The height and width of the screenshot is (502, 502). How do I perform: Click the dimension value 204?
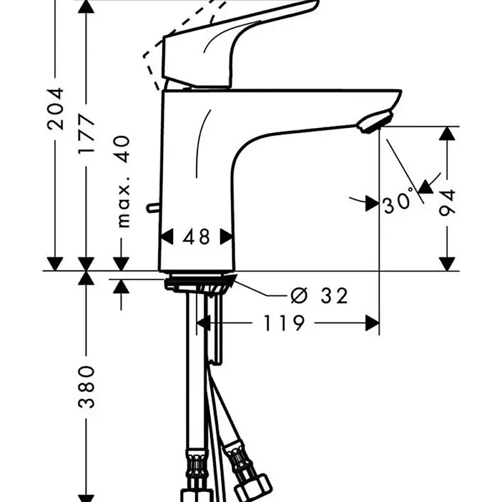click(56, 109)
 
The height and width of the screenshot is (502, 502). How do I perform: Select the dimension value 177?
click(87, 134)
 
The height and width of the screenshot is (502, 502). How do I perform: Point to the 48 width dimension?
click(196, 237)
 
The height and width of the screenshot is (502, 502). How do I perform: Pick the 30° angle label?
click(397, 202)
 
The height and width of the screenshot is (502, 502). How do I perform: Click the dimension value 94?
click(447, 203)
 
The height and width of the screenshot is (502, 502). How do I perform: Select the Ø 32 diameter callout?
click(319, 296)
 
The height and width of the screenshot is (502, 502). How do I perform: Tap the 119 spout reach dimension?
click(284, 323)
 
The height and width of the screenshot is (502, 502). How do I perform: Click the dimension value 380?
click(87, 387)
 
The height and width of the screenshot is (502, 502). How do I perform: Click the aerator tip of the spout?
click(375, 121)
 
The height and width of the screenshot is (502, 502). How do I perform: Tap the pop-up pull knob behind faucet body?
click(153, 208)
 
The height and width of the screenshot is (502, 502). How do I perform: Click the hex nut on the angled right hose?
click(253, 489)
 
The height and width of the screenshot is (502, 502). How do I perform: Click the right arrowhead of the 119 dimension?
click(372, 323)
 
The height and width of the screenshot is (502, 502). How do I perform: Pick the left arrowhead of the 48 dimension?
click(166, 237)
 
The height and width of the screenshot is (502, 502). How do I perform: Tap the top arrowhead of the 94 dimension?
click(447, 133)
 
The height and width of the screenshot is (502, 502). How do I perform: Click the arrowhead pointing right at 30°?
click(372, 203)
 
